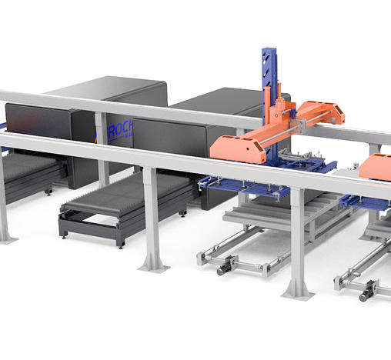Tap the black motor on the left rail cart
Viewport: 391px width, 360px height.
pos(225,268)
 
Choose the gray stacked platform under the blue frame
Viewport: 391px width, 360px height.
pos(269,215)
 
